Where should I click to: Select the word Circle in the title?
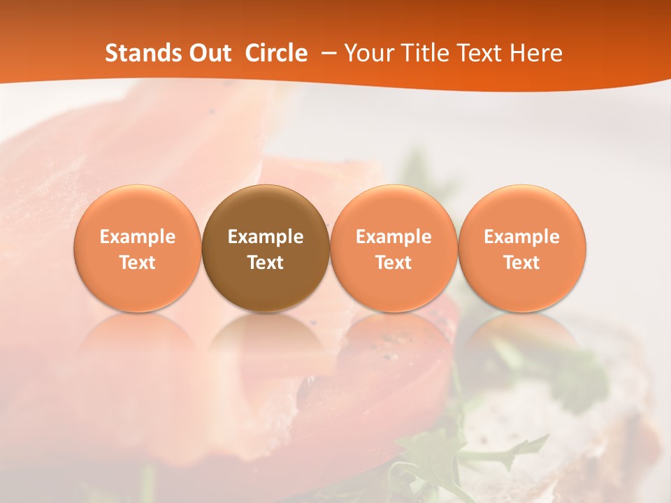coord(276,53)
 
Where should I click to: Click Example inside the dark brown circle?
coord(266,237)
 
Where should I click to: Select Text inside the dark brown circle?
coord(266,263)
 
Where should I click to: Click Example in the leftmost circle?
coord(138,237)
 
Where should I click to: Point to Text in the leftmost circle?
coord(138,263)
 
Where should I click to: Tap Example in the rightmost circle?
coord(522,237)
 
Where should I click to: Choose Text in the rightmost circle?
coord(522,263)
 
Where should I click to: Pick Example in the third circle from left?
coord(394,237)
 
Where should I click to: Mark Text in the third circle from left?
coord(394,263)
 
